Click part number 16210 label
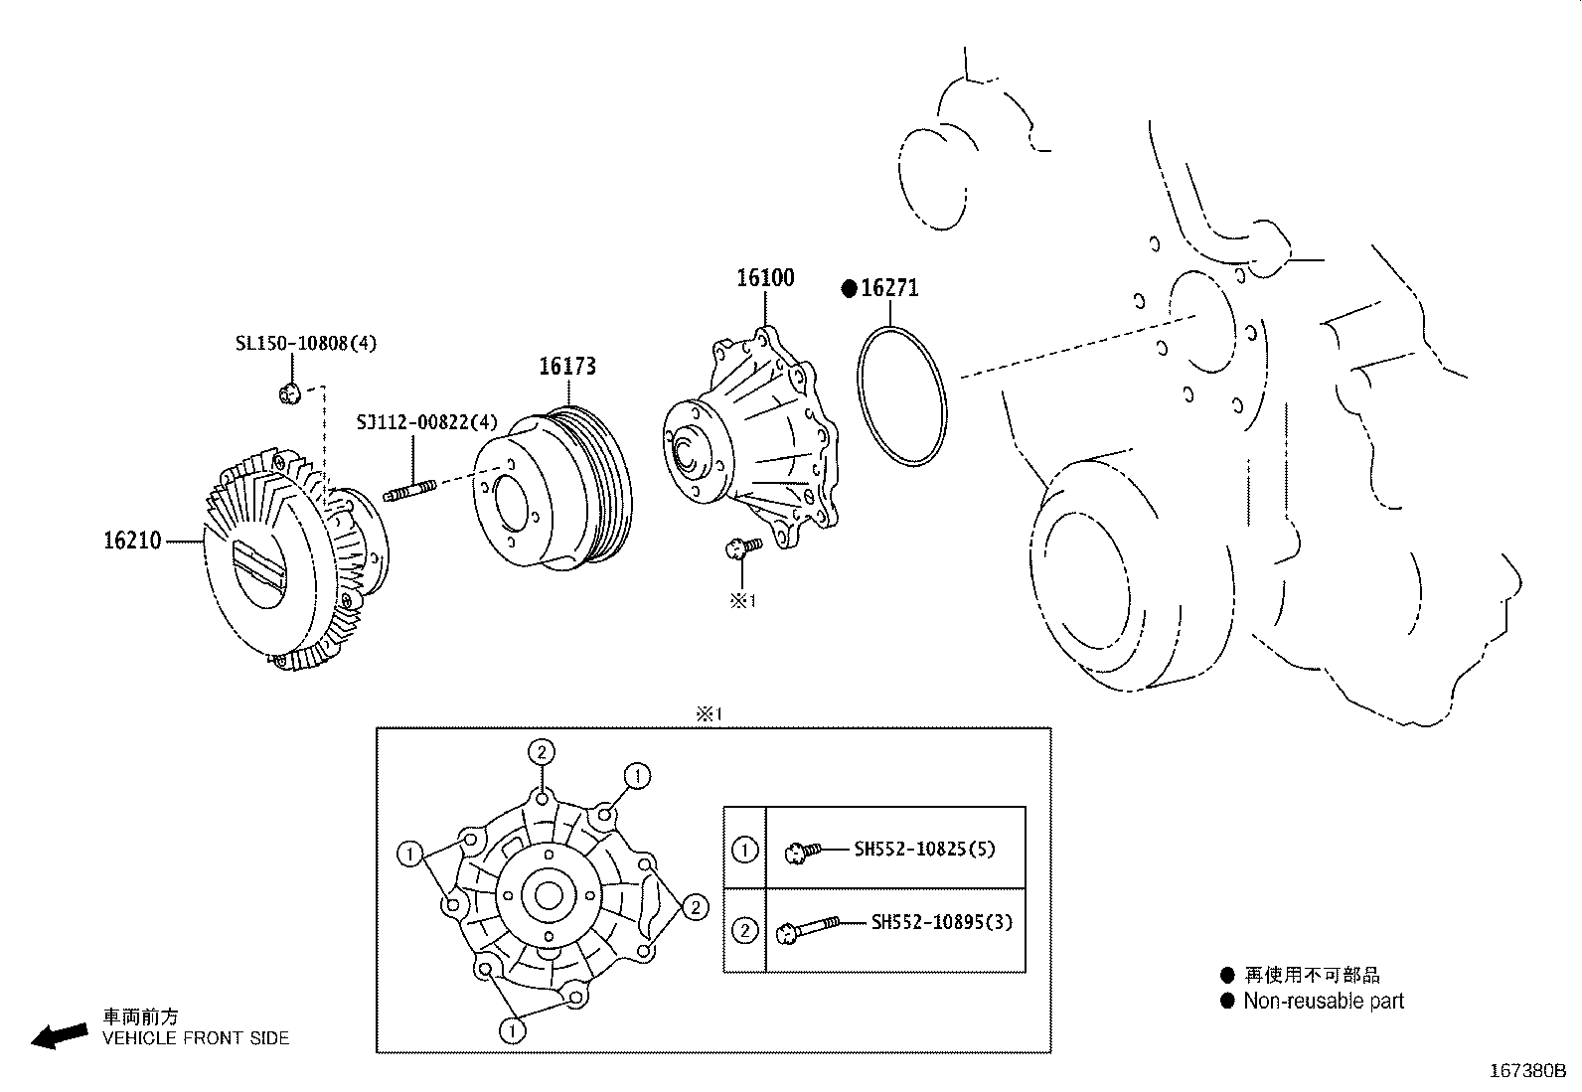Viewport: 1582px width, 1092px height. tap(131, 542)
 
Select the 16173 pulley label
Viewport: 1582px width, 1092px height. tap(567, 367)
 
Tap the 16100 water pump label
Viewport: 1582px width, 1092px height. tap(765, 278)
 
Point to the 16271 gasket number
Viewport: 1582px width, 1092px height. tap(889, 288)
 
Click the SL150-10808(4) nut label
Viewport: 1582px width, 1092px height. tap(306, 344)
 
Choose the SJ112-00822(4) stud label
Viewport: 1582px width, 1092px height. tap(427, 422)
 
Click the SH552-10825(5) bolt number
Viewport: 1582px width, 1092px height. tap(924, 850)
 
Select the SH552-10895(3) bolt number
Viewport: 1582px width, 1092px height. tap(941, 922)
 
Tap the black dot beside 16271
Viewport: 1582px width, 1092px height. tap(849, 289)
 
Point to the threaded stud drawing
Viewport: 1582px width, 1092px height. tap(409, 491)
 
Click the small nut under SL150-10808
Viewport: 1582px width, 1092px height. tap(289, 393)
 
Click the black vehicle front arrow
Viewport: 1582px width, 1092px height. tap(59, 1035)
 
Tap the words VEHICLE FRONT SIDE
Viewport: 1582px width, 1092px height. tap(196, 1038)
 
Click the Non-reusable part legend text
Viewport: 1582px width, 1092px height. tap(1324, 1002)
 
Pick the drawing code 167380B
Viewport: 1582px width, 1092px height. tap(1527, 1071)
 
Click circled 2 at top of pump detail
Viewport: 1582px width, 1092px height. tap(542, 752)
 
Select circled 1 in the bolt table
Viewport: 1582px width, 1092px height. tap(744, 850)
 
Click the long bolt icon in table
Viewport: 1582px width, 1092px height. tap(810, 928)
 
